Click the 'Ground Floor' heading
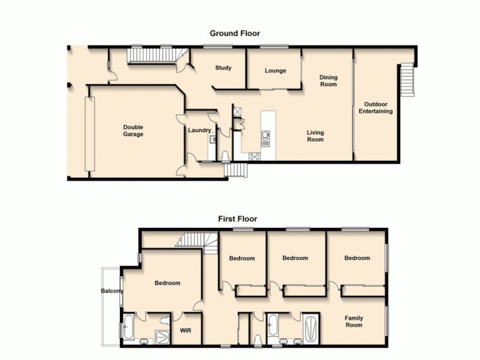234,34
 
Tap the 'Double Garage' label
133,130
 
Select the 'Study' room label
223,68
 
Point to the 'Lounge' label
275,70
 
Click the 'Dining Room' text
328,80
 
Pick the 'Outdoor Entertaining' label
376,107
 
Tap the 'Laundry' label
199,130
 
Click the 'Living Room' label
315,136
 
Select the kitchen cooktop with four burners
254,157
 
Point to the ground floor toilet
225,156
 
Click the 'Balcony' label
112,292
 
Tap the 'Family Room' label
354,321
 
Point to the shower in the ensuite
163,337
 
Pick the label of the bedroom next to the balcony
167,283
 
